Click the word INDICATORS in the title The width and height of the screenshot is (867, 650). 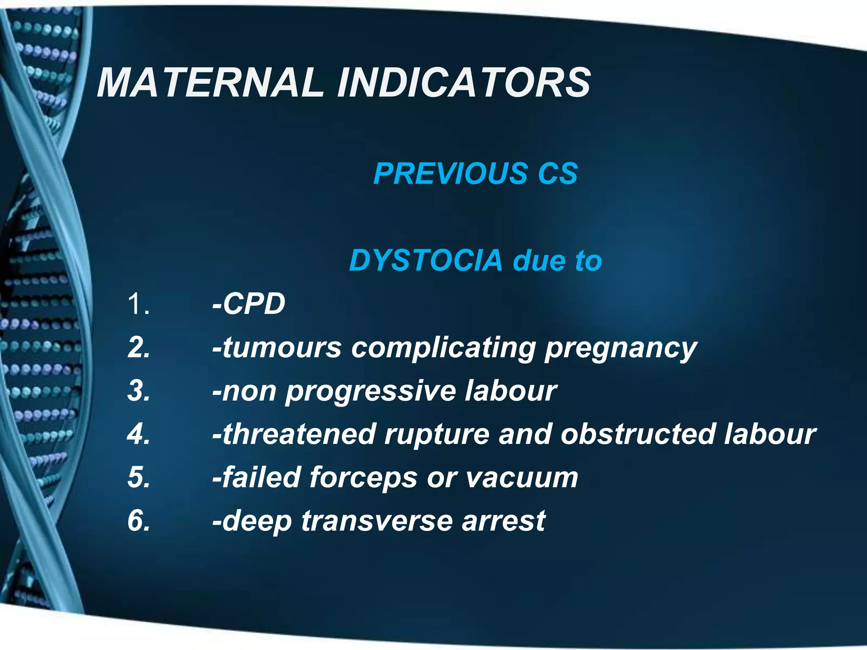pos(464,82)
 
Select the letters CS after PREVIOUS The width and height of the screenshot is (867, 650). pos(558,174)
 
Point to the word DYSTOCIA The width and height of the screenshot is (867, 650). pos(425,260)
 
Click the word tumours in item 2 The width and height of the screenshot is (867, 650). pos(282,347)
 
